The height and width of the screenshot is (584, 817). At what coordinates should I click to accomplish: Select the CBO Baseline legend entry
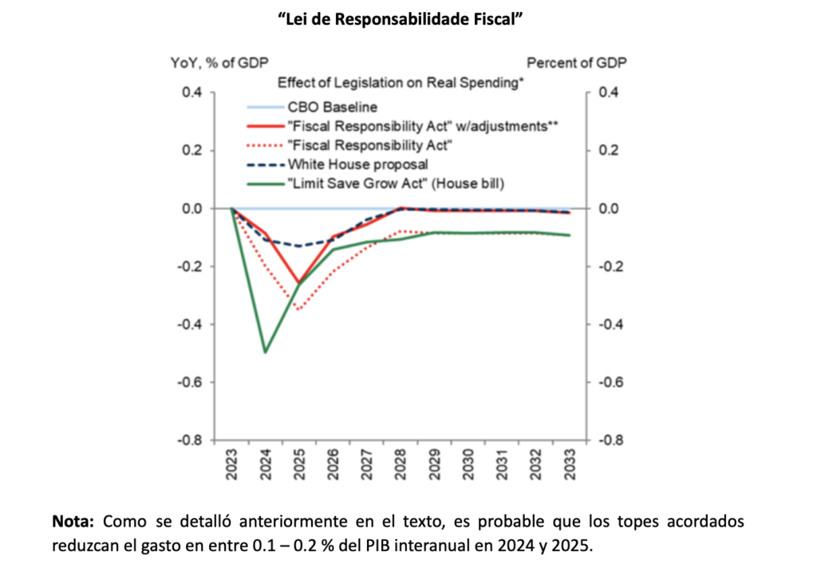(332, 106)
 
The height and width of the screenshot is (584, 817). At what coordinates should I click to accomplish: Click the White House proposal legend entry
(358, 164)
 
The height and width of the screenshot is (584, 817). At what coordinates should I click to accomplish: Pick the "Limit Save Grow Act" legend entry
(397, 183)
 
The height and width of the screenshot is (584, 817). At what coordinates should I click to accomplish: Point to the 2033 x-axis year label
(569, 464)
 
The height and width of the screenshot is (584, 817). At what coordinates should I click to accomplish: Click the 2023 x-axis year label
(231, 464)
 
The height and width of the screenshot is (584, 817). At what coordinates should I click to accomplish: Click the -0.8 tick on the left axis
(190, 440)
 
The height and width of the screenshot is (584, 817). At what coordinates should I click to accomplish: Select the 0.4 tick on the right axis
(609, 93)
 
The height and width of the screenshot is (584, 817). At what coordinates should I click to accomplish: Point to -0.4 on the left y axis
(190, 324)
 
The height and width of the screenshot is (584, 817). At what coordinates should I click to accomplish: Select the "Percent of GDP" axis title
(577, 62)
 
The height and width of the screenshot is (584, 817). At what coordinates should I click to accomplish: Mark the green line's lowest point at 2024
(265, 352)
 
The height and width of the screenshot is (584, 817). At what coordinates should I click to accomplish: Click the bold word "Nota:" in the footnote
(73, 523)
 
